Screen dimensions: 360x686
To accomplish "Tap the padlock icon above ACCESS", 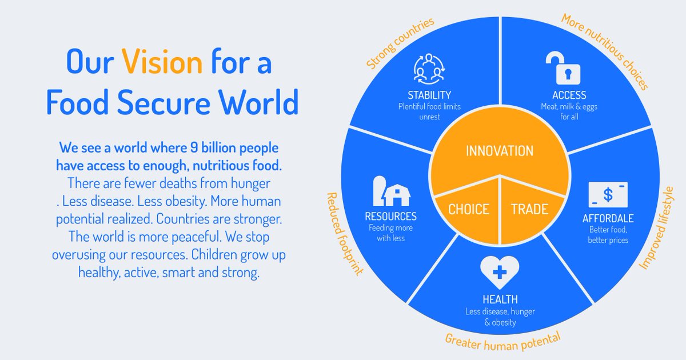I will pos(563,68).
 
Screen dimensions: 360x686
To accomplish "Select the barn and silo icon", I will pos(391,191).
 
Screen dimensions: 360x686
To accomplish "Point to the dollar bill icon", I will pos(608,195).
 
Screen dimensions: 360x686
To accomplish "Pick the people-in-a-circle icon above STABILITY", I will pos(429,69).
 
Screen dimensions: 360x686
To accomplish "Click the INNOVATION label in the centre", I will pos(499,151).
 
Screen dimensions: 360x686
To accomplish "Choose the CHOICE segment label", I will pos(468,209).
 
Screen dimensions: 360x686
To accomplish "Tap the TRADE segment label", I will pos(529,209).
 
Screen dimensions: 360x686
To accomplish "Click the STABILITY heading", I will pos(429,95).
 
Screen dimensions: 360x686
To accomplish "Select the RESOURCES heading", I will pos(391,217).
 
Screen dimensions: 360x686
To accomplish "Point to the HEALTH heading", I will pos(499,299).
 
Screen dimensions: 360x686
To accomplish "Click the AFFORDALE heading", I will pos(608,219).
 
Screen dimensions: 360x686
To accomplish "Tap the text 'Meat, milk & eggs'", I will pos(569,106).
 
